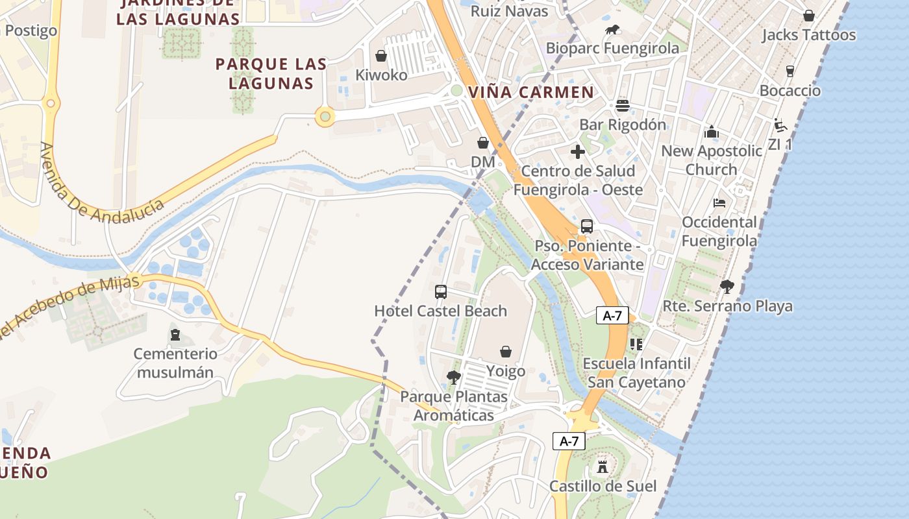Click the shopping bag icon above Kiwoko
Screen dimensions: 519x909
coord(381,56)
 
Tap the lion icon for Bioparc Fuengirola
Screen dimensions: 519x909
coord(612,29)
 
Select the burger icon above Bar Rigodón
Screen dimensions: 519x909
coord(622,105)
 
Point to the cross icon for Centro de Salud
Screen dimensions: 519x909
coord(577,152)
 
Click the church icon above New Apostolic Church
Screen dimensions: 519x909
coord(712,132)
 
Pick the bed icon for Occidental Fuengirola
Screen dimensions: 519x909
coord(719,203)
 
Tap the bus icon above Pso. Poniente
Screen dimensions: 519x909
coord(587,226)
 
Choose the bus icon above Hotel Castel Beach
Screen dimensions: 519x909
coord(441,292)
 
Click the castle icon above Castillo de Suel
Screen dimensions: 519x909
coord(603,466)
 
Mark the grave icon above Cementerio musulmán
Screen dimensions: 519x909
coord(174,335)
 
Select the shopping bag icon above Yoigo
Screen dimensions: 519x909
coord(506,352)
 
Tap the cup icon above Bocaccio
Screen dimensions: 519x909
coord(790,71)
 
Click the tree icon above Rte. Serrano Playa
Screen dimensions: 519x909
coord(727,286)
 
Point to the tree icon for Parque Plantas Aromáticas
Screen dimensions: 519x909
coord(454,377)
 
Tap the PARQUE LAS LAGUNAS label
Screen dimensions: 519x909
coord(271,73)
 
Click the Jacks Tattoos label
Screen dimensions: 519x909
coord(808,35)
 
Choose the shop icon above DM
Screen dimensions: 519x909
coord(483,143)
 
